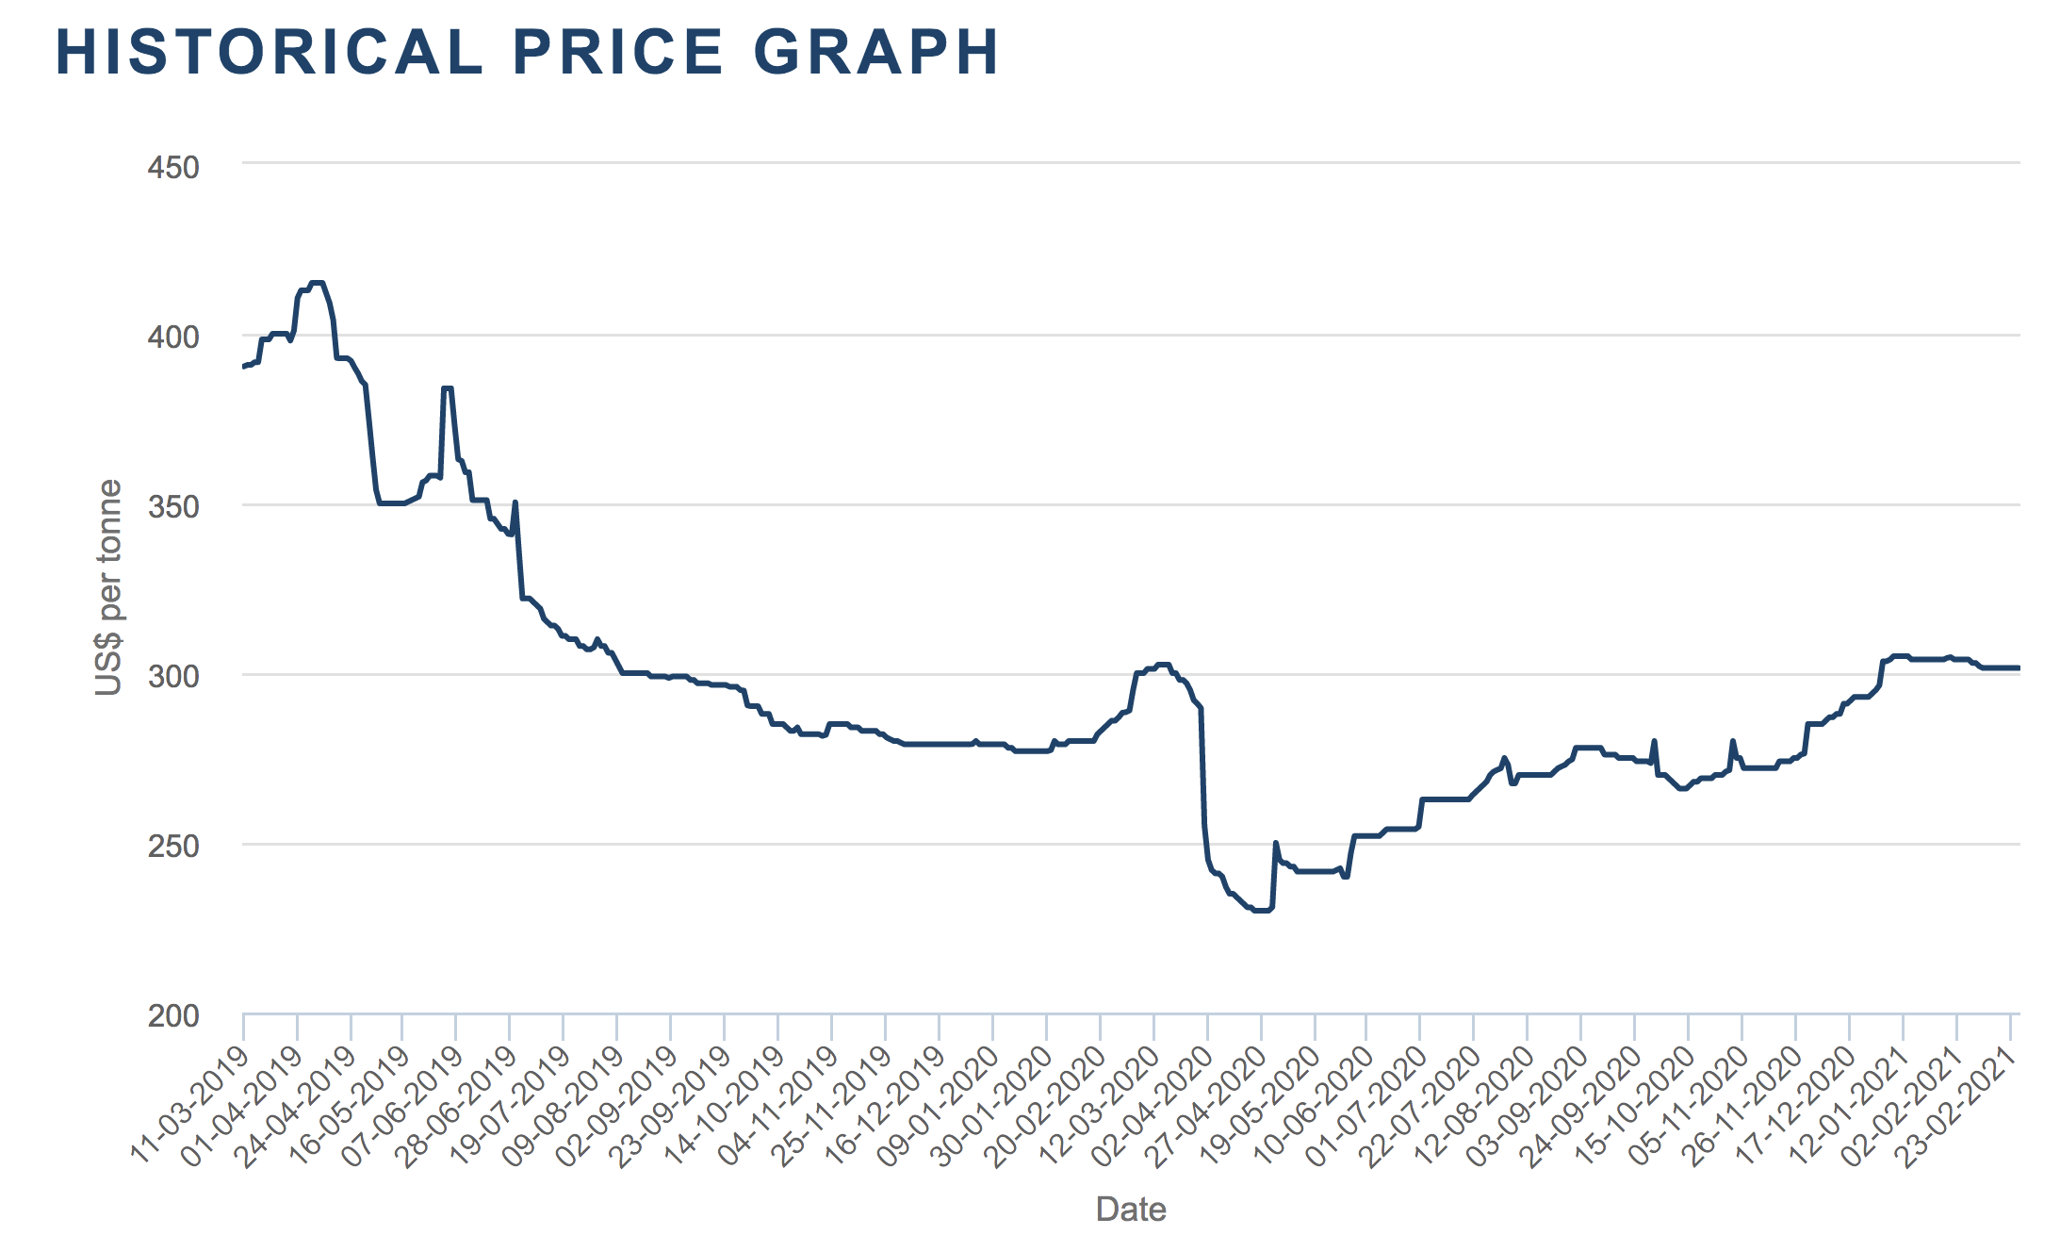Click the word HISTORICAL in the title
(x=269, y=53)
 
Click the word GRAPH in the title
(x=876, y=53)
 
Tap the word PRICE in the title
(x=618, y=53)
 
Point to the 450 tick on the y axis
(x=173, y=168)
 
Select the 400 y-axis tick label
(x=173, y=337)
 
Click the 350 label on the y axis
(x=173, y=506)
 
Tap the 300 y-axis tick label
(x=173, y=676)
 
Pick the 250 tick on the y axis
(x=173, y=846)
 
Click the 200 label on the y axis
(x=173, y=1015)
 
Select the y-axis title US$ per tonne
(x=109, y=588)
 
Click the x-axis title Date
(x=1131, y=1209)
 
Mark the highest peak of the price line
(x=317, y=283)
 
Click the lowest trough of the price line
(x=1261, y=911)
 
